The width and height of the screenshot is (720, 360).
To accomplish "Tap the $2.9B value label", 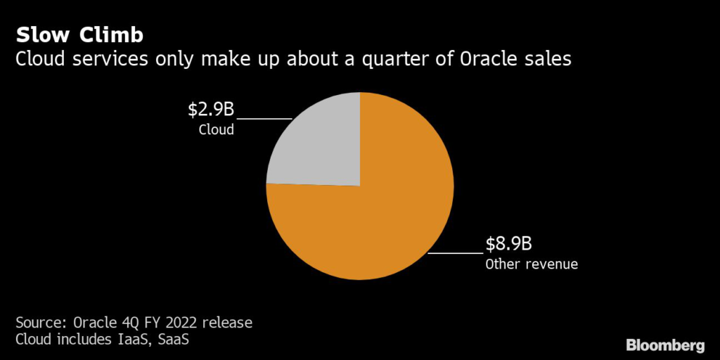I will (210, 110).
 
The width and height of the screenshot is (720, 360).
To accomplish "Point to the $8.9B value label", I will (508, 245).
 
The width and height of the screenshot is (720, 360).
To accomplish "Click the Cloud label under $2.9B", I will (216, 130).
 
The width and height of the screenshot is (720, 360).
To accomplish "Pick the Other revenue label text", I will (532, 264).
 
